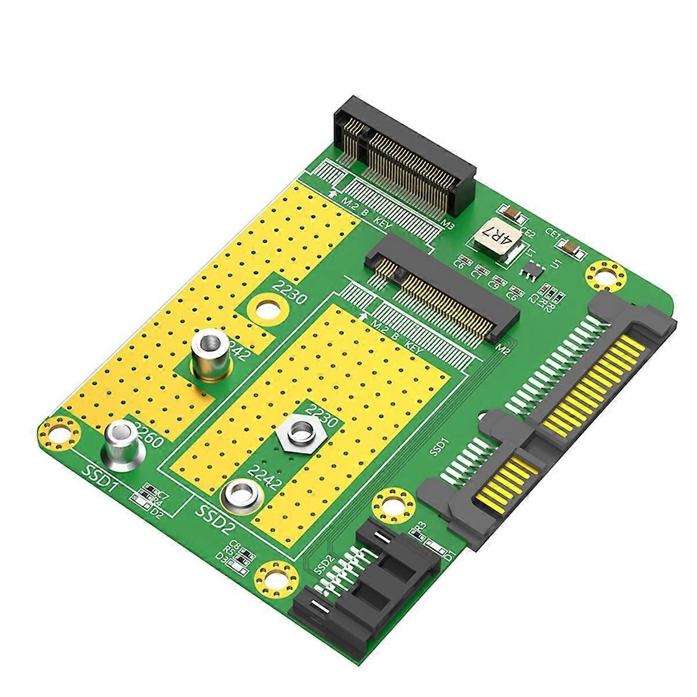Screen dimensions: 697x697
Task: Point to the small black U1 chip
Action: pos(530,270)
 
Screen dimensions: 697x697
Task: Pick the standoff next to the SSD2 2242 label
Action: pos(242,495)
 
